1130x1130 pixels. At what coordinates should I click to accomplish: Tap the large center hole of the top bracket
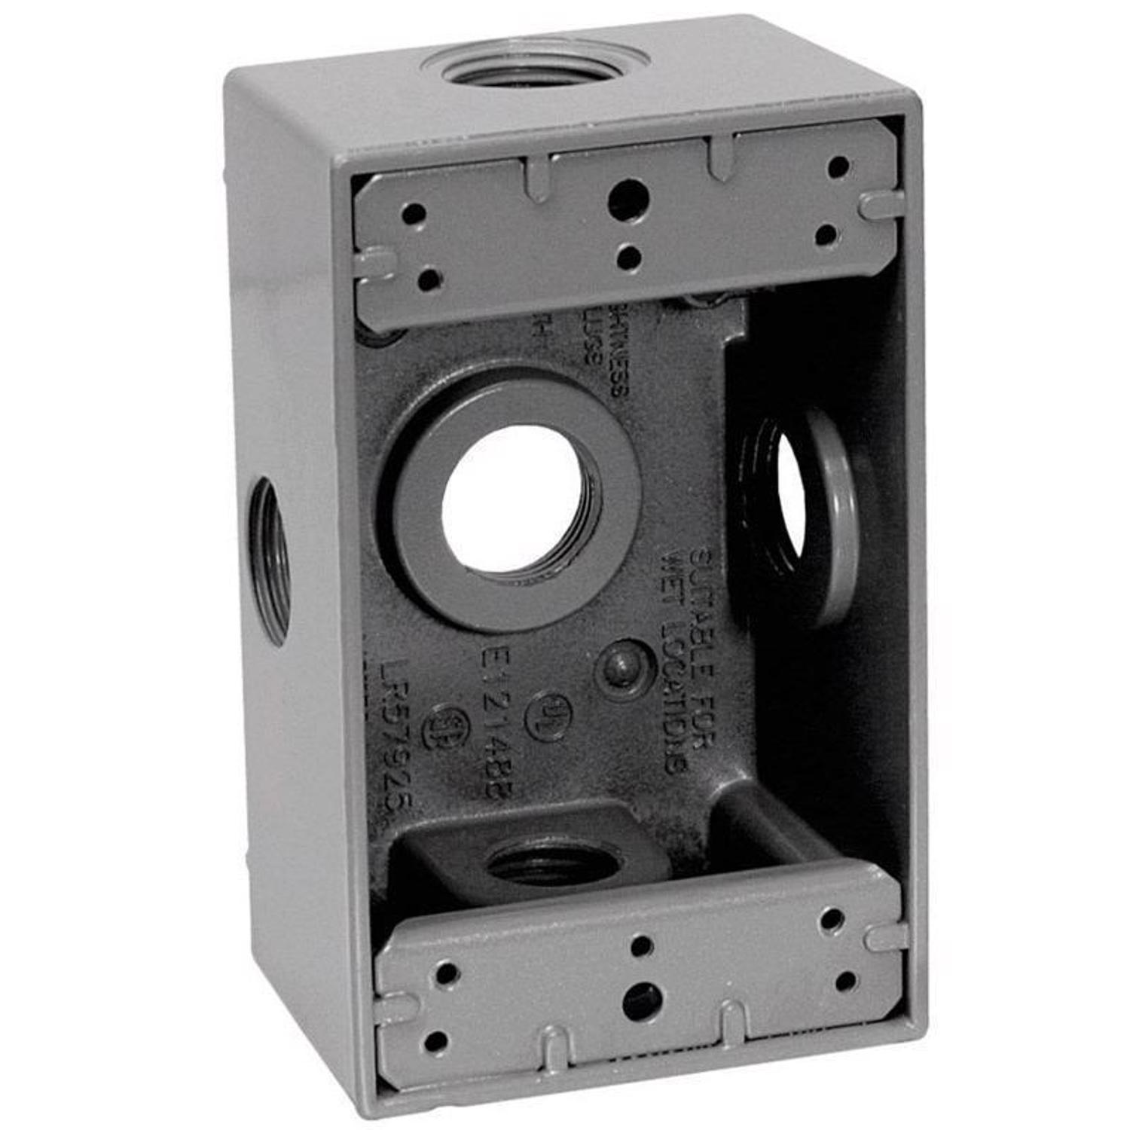click(x=627, y=197)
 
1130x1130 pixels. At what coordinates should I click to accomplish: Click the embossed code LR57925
click(x=398, y=738)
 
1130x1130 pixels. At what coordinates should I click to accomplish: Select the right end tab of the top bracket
click(x=883, y=204)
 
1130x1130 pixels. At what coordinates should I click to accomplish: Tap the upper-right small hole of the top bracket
click(x=838, y=167)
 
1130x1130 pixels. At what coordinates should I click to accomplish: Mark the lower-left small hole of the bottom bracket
click(x=435, y=1042)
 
